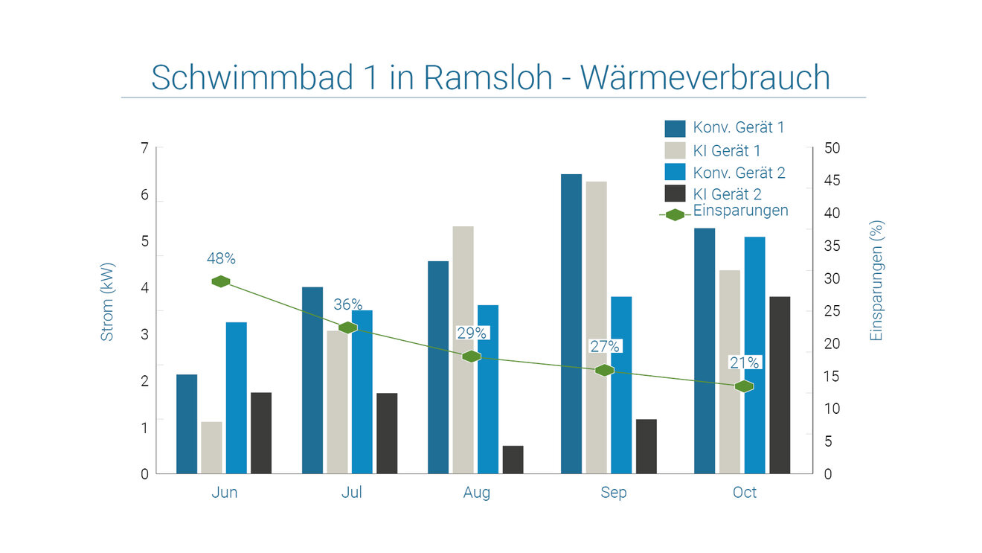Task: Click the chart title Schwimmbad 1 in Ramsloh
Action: [490, 77]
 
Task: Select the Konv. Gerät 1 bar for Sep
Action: [571, 324]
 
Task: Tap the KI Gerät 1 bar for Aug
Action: [463, 350]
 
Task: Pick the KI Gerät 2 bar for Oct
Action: [780, 385]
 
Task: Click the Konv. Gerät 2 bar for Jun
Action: [237, 397]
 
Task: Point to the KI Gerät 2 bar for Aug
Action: [513, 459]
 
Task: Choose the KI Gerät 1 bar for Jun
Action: [211, 447]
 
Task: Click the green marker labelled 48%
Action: [220, 281]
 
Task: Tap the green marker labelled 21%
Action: [744, 386]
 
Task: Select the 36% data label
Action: [347, 304]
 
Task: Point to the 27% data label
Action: [605, 346]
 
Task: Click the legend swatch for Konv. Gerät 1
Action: [675, 128]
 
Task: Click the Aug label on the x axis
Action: [477, 493]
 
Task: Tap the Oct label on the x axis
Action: [745, 493]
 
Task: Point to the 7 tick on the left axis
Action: [144, 148]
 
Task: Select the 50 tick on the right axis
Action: [832, 148]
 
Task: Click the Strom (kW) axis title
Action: [108, 302]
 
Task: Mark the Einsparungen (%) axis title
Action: [876, 281]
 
